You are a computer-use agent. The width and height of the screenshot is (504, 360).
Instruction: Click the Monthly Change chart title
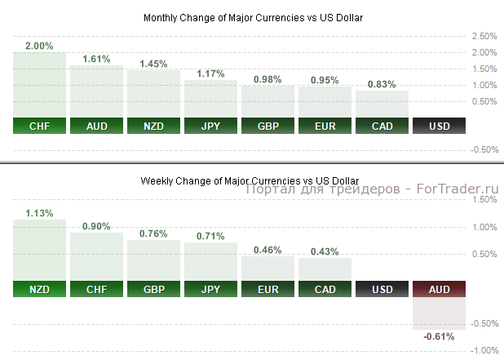[x=253, y=17]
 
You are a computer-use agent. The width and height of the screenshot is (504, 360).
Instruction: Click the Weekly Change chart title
[x=250, y=180]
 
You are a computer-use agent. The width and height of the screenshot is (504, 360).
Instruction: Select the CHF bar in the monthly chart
[x=39, y=84]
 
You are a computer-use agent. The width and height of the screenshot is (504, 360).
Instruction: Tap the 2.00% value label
[x=39, y=45]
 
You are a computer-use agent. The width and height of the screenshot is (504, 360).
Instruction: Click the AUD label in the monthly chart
[x=96, y=126]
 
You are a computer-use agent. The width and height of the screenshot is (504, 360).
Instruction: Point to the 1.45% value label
[x=153, y=63]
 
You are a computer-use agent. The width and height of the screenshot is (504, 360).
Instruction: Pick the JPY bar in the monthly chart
[x=210, y=98]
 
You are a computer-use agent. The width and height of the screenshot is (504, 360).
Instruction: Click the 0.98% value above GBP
[x=267, y=78]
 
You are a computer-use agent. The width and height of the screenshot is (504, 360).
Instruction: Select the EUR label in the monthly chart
[x=325, y=126]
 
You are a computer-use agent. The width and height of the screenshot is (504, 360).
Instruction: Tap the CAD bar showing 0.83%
[x=382, y=104]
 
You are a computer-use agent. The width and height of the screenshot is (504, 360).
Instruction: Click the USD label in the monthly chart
[x=439, y=126]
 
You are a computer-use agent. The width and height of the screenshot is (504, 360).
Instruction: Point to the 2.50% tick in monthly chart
[x=484, y=36]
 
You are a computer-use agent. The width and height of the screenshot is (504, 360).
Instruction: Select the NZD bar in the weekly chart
[x=39, y=250]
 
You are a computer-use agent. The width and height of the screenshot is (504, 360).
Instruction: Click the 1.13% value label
[x=39, y=213]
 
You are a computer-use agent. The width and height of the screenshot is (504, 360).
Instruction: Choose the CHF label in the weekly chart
[x=96, y=289]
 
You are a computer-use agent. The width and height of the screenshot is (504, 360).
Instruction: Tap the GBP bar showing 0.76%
[x=153, y=260]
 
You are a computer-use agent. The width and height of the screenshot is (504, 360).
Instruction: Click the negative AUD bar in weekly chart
[x=439, y=313]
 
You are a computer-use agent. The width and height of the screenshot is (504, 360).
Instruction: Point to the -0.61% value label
[x=439, y=336]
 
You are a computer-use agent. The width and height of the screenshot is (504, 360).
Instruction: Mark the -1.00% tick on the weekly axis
[x=484, y=350]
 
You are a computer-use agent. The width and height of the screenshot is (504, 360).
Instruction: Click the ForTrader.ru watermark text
[x=371, y=189]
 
